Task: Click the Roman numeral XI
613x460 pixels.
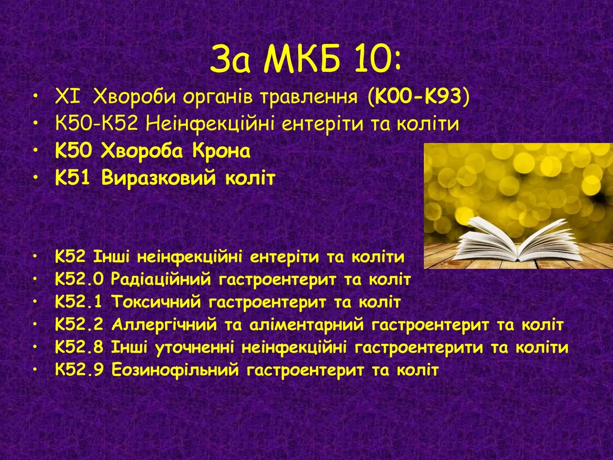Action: [x=68, y=96]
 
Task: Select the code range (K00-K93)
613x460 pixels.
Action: [x=419, y=97]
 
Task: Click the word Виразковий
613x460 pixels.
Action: [x=159, y=178]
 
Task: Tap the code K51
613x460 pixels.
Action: [x=73, y=178]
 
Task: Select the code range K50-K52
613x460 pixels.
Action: [x=97, y=124]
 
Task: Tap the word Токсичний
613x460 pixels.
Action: [x=156, y=302]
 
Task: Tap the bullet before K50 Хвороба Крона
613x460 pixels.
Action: [x=35, y=150]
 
